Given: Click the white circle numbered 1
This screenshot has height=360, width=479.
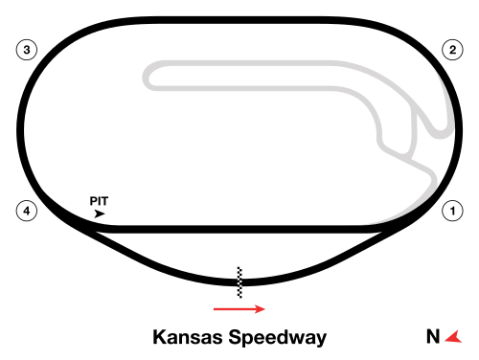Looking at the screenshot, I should (452, 210).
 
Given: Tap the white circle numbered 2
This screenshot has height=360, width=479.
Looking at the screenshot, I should (452, 50).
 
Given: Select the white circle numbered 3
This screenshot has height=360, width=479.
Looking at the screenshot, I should (26, 50).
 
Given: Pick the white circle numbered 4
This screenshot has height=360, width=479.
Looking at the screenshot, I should (26, 211).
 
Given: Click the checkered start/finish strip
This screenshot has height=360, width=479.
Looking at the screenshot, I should (239, 282).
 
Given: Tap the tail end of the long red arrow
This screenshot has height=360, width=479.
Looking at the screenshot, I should (214, 308).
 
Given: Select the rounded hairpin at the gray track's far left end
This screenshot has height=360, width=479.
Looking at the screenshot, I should (148, 77).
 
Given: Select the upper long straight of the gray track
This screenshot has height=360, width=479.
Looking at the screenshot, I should (249, 63).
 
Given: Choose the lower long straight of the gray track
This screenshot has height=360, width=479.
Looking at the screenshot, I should (249, 89).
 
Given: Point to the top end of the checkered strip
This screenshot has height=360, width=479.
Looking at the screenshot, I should (239, 268).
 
